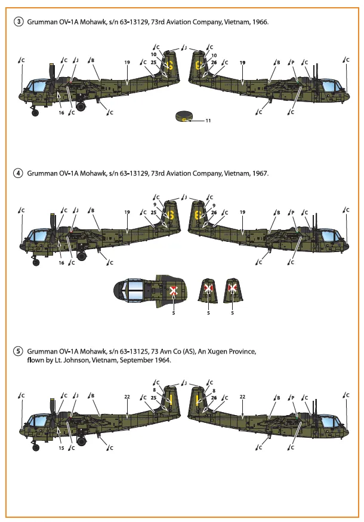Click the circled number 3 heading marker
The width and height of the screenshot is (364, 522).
[19, 22]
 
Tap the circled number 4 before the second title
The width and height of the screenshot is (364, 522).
[19, 173]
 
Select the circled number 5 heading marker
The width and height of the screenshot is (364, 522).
[19, 352]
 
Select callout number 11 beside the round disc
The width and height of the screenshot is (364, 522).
[208, 120]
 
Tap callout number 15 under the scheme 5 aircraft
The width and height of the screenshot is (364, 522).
[61, 447]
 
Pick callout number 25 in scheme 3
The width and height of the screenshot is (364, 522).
[153, 62]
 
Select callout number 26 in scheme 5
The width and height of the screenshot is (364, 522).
[214, 397]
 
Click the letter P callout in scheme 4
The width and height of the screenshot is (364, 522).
[292, 211]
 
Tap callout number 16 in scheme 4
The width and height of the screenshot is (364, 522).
[61, 263]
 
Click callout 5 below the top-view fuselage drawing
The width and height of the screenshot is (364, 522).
[173, 312]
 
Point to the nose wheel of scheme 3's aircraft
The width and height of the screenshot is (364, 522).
[35, 112]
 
